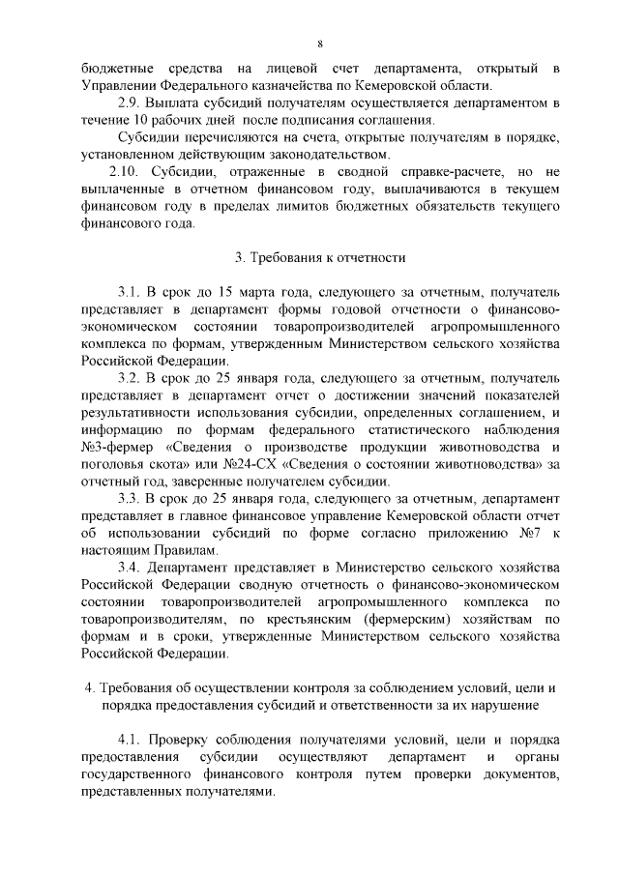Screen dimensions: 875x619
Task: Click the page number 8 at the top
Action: pyautogui.click(x=318, y=44)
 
